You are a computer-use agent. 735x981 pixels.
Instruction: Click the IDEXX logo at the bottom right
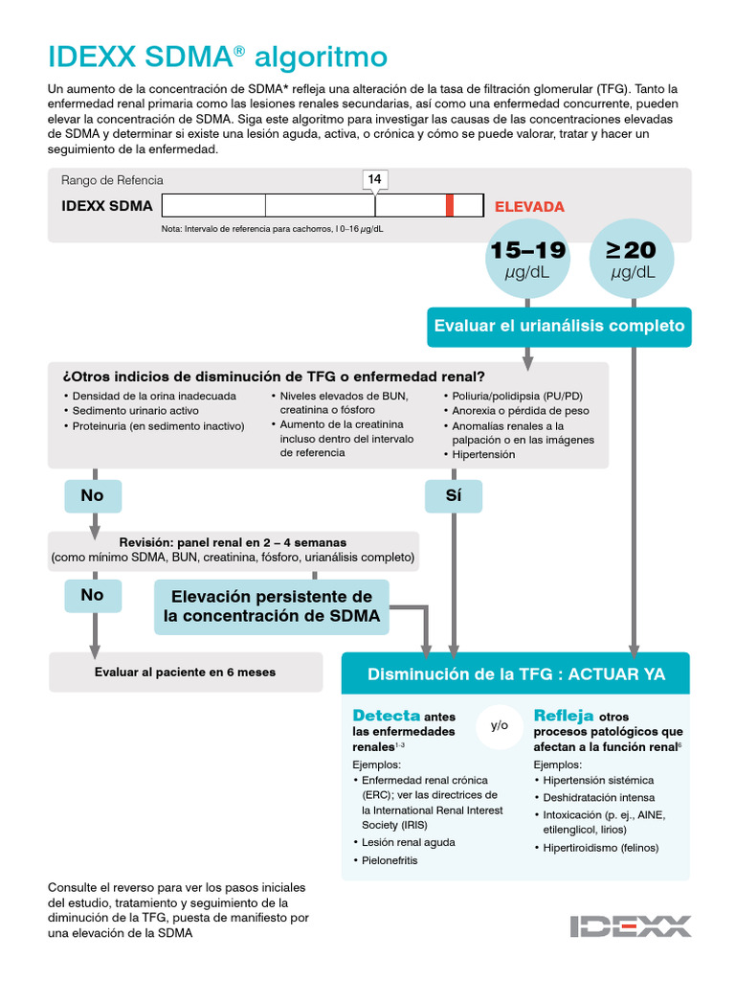click(x=630, y=926)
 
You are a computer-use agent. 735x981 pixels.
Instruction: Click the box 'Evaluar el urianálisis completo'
click(x=559, y=326)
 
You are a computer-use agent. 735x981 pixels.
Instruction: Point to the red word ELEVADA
click(x=529, y=206)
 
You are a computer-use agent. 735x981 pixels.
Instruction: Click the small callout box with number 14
click(x=375, y=179)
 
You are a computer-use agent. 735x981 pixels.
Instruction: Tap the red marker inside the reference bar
click(x=449, y=206)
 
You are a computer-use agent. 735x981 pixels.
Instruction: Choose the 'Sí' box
click(x=454, y=496)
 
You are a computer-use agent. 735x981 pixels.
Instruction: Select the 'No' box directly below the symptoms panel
click(x=93, y=496)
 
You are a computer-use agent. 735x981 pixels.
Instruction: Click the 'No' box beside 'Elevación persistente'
click(x=93, y=595)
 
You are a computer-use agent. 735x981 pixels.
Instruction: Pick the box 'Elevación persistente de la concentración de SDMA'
click(x=272, y=606)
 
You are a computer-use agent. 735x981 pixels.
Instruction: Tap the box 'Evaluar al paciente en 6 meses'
click(x=186, y=672)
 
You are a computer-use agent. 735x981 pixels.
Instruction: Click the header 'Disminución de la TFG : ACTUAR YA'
click(x=516, y=673)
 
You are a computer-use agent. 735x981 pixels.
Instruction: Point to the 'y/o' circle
click(x=500, y=725)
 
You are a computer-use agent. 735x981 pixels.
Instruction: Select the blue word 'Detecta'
click(x=386, y=716)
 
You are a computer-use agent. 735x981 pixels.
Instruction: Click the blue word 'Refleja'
click(x=563, y=716)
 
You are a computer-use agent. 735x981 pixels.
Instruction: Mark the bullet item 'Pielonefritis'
click(x=390, y=860)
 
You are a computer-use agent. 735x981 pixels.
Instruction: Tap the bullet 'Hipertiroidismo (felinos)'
click(x=600, y=848)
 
